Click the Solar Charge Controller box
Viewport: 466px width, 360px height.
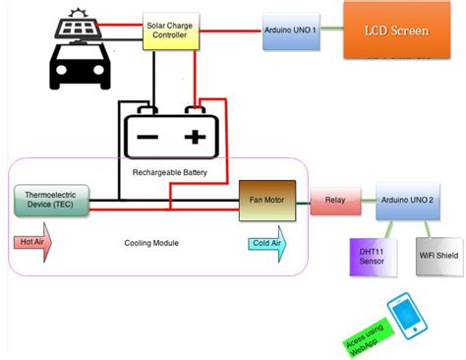coord(173,32)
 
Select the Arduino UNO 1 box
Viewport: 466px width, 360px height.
coord(291,31)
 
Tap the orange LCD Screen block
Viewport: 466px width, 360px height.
coord(396,30)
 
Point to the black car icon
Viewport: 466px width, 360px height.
coord(80,62)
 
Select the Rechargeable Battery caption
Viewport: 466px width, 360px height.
coord(170,171)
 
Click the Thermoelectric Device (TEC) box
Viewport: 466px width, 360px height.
coord(50,200)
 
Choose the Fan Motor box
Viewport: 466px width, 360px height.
coord(267,200)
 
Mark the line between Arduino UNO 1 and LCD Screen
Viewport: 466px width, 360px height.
coord(330,31)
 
